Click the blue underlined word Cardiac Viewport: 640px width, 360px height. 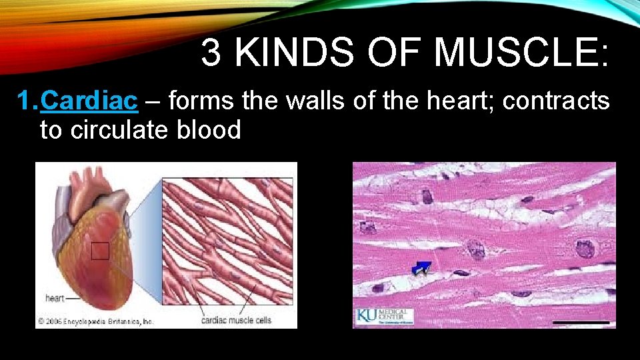(x=89, y=101)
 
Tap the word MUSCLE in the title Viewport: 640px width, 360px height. (x=520, y=53)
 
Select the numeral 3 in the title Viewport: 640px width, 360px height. (x=211, y=53)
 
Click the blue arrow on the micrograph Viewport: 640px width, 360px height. (x=421, y=268)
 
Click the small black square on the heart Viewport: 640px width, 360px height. (x=100, y=251)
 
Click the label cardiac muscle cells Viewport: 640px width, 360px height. (x=236, y=320)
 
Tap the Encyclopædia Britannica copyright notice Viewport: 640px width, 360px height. (x=95, y=321)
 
